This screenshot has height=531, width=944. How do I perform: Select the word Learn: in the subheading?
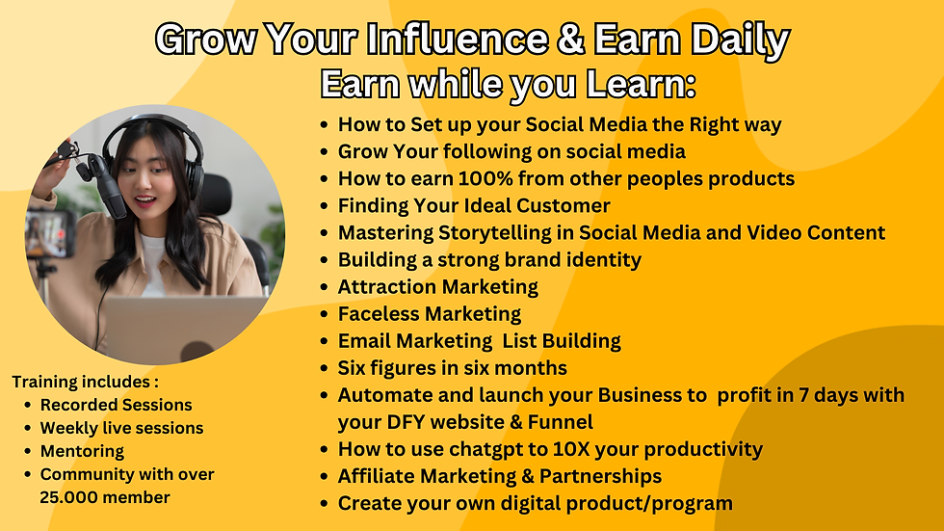pyautogui.click(x=640, y=85)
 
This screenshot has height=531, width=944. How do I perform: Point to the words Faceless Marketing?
pyautogui.click(x=429, y=314)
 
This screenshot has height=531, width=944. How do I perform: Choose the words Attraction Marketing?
pyautogui.click(x=437, y=287)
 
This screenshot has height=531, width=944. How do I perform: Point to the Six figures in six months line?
pyautogui.click(x=452, y=368)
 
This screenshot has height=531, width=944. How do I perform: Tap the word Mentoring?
pyautogui.click(x=82, y=451)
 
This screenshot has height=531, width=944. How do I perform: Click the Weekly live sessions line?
pyautogui.click(x=121, y=428)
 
